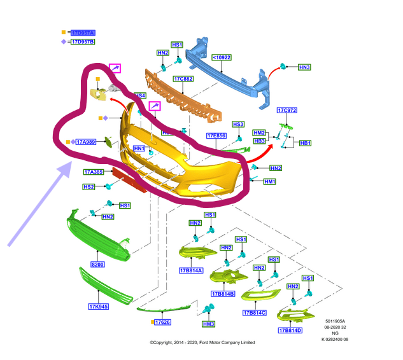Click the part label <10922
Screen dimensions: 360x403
pyautogui.click(x=222, y=57)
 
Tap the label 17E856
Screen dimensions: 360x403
pyautogui.click(x=216, y=135)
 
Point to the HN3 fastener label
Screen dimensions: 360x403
pyautogui.click(x=304, y=67)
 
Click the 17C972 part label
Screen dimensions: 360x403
pyautogui.click(x=286, y=110)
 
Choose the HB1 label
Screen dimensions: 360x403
pyautogui.click(x=305, y=143)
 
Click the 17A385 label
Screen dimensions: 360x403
pyautogui.click(x=94, y=172)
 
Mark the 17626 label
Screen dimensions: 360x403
pyautogui.click(x=162, y=322)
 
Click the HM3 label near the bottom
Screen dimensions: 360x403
pyautogui.click(x=208, y=324)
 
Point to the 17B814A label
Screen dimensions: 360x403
pyautogui.click(x=190, y=270)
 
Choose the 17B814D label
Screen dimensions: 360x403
pyautogui.click(x=289, y=330)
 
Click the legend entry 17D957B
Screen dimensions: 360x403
pyautogui.click(x=82, y=42)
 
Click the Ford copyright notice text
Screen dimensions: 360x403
pyautogui.click(x=202, y=342)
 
